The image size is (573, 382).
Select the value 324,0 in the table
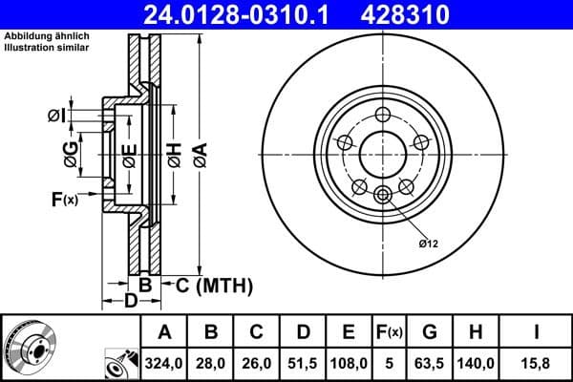tap(162, 364)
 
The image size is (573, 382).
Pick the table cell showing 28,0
tap(212, 364)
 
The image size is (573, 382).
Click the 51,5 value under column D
tap(304, 364)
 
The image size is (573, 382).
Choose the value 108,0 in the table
tap(350, 364)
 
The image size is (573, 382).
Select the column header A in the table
tap(162, 332)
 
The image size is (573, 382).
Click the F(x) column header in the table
tap(390, 332)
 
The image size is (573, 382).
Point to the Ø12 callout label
tap(427, 244)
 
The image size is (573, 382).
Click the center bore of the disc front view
tap(384, 153)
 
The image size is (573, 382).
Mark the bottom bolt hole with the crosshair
tap(384, 196)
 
